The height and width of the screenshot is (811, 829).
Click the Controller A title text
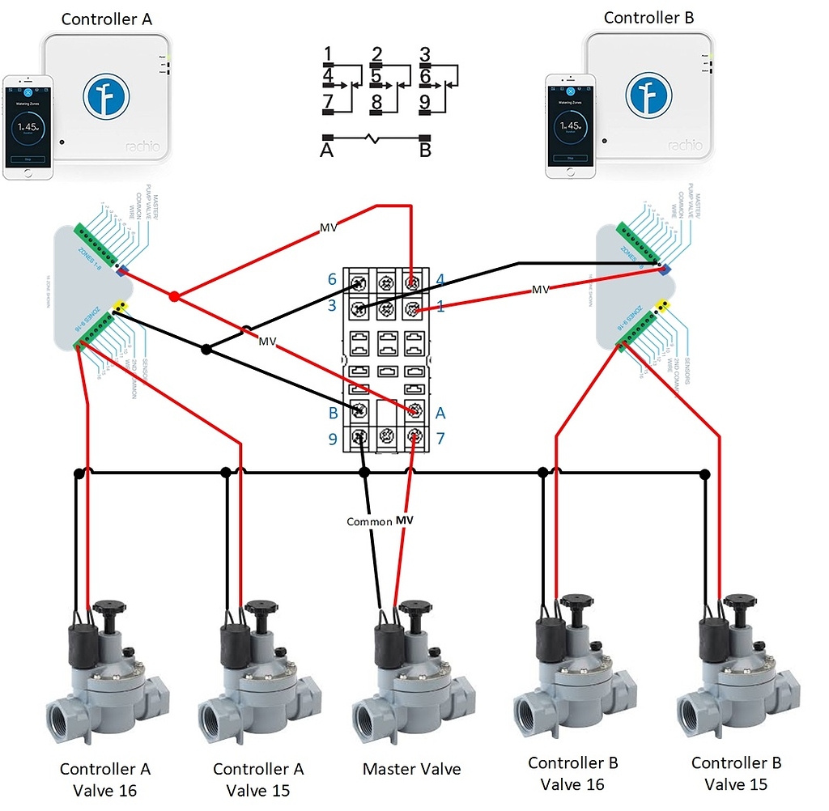[x=107, y=19]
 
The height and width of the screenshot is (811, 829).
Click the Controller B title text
[x=648, y=17]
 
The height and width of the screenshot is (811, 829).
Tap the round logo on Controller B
[x=648, y=92]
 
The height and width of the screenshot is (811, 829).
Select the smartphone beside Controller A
[x=28, y=127]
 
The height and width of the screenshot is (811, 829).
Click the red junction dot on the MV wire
[x=173, y=296]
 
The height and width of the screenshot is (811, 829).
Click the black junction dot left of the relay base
[x=206, y=350]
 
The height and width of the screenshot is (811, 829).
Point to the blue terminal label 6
[x=332, y=279]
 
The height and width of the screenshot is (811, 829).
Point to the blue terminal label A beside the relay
[x=440, y=413]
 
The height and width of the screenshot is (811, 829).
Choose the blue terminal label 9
[x=332, y=440]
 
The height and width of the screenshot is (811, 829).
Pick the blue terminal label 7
[x=440, y=439]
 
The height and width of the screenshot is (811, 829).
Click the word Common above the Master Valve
[x=369, y=521]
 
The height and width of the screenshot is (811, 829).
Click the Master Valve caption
[x=412, y=768]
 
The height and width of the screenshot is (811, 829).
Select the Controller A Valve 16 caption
[x=105, y=779]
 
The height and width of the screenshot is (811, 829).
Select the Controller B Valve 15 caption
[x=736, y=773]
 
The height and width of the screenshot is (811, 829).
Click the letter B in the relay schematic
[x=425, y=151]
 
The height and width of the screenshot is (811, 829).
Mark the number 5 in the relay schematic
[x=376, y=77]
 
